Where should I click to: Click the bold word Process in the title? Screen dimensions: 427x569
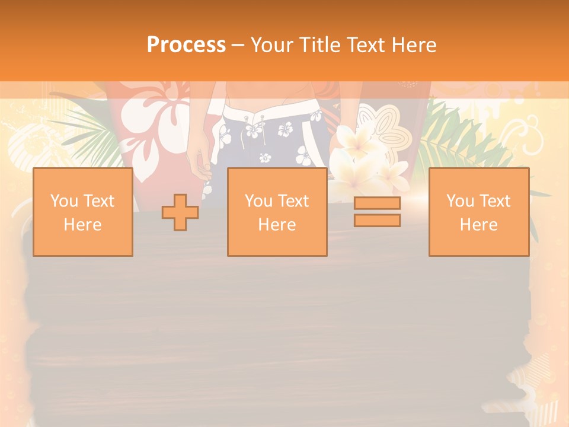tap(186, 45)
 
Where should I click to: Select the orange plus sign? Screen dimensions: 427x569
tap(180, 212)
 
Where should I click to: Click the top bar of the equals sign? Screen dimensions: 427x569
tap(377, 203)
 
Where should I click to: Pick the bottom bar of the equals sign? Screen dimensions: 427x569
tap(377, 221)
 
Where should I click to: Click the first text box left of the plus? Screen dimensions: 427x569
tap(82, 212)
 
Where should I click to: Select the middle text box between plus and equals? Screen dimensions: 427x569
tap(277, 212)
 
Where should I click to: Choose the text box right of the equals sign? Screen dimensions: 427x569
tap(479, 212)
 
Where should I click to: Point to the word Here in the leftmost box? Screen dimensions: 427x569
tap(82, 225)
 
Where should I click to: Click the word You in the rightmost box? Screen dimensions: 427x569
tap(459, 201)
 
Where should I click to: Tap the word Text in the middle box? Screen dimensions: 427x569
tap(295, 201)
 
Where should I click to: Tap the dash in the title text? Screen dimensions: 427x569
tap(238, 45)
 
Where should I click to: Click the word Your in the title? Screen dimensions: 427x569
tap(271, 45)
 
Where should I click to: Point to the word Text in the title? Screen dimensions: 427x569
tap(367, 45)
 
